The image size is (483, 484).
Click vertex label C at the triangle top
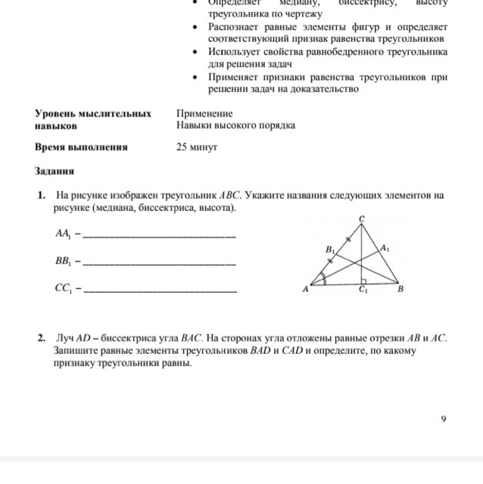[x=362, y=219]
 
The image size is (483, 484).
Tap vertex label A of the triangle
[x=306, y=289]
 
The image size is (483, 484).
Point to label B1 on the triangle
[x=329, y=249]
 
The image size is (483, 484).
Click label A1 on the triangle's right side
[x=385, y=247]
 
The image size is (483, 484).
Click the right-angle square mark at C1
[x=365, y=281]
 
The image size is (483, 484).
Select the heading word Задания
[x=55, y=171]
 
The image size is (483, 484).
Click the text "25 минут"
[x=197, y=147]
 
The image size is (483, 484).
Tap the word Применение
[x=204, y=113]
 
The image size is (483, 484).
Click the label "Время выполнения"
[x=81, y=147]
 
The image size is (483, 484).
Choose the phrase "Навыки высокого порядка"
[x=235, y=126]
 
